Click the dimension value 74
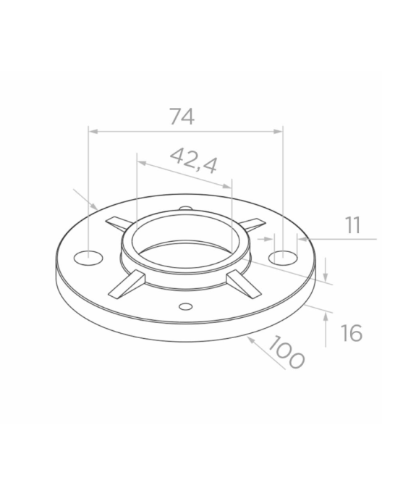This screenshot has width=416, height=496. [x=182, y=117]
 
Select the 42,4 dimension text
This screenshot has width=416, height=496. [x=193, y=160]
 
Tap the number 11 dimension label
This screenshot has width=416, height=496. [x=352, y=224]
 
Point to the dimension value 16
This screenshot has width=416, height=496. [x=350, y=333]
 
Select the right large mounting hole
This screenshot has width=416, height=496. [x=284, y=257]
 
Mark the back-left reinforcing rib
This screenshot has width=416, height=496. [x=118, y=222]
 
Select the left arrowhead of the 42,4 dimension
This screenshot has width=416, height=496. [x=142, y=162]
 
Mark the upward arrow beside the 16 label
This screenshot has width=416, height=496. [x=327, y=313]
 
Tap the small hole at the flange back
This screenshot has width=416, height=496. [x=185, y=209]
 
